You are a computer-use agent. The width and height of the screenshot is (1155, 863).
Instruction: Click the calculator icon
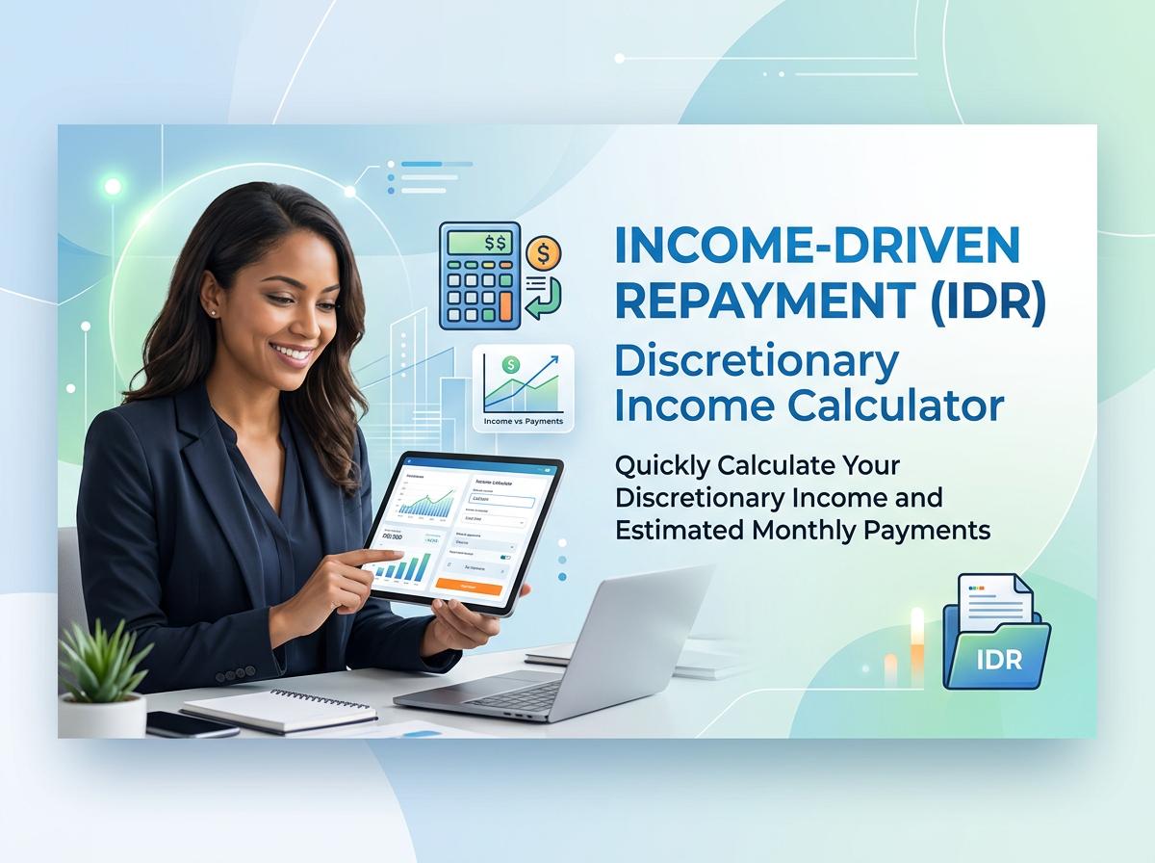click(x=479, y=273)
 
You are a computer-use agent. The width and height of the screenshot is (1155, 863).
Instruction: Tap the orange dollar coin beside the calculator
click(x=545, y=253)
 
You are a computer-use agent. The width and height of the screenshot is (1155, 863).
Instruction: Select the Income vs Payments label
click(x=523, y=421)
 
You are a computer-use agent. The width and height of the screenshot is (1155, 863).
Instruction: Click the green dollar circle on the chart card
click(x=511, y=365)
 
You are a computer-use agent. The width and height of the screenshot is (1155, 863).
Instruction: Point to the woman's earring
click(x=213, y=311)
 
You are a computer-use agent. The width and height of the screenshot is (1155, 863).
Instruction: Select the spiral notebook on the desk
click(x=279, y=712)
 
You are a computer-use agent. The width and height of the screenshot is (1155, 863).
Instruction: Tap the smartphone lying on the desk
click(x=192, y=724)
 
